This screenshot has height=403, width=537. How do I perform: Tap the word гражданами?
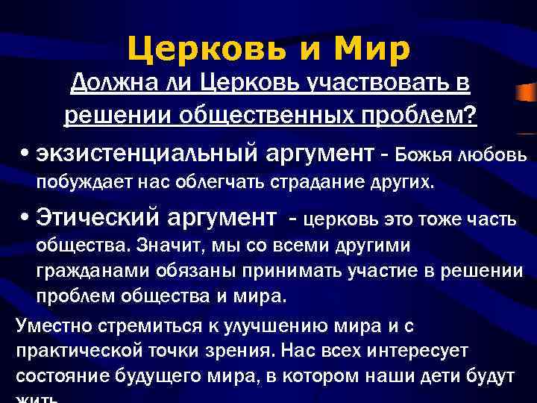coord(84,270)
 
